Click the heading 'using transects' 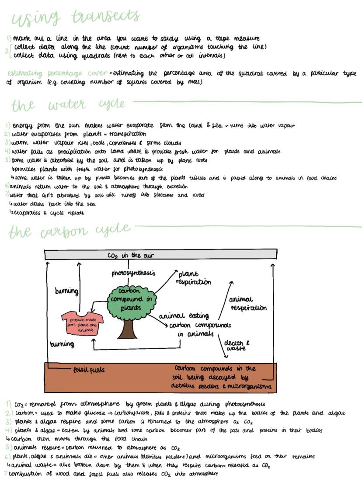(75, 18)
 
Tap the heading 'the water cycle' (68, 105)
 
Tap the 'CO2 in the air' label (130, 255)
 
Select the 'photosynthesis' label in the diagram (133, 274)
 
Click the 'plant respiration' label (193, 278)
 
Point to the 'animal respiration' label (247, 304)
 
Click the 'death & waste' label (237, 346)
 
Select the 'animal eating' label (184, 316)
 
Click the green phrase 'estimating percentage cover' (57, 73)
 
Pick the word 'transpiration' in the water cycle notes (128, 134)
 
